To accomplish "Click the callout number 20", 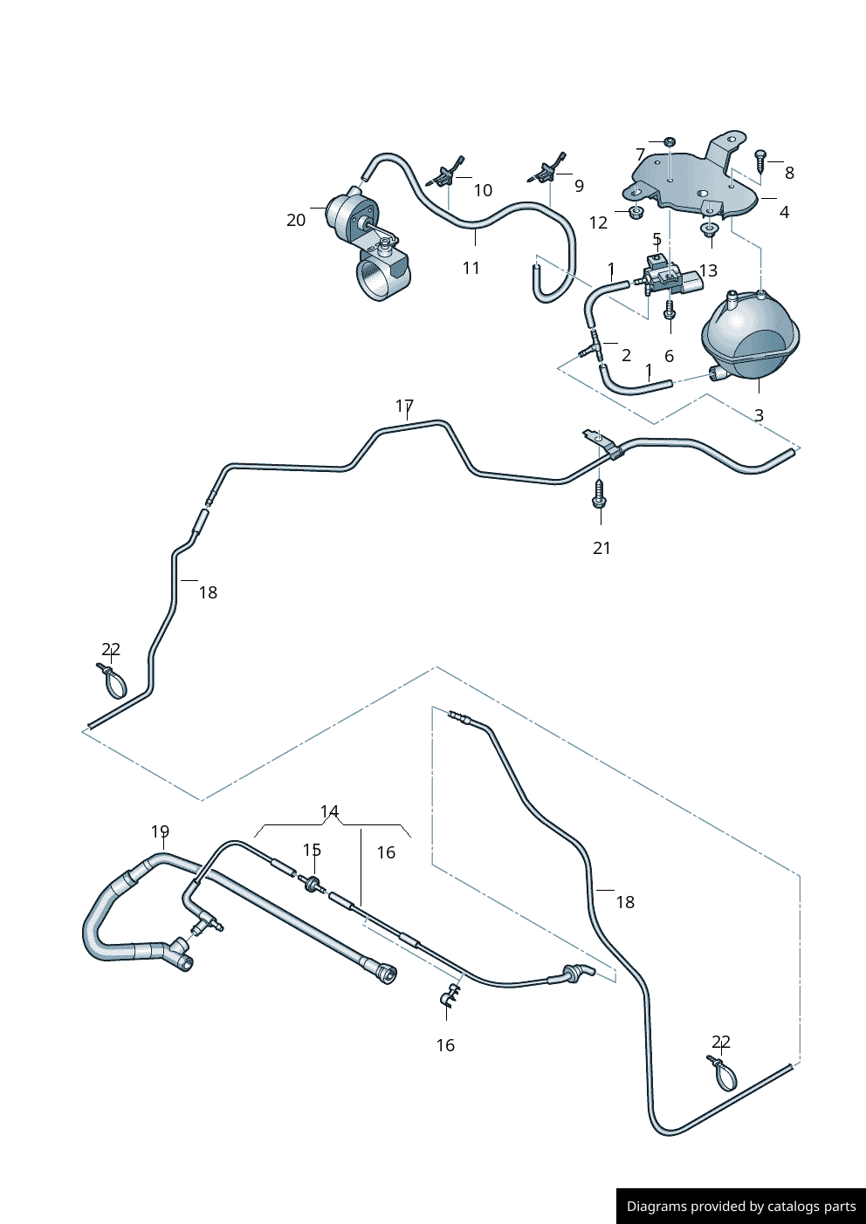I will (x=296, y=220).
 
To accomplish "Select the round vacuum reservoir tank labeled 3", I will (x=750, y=339).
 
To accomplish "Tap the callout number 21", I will (x=601, y=548).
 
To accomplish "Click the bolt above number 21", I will (x=600, y=494).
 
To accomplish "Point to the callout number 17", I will (x=404, y=406).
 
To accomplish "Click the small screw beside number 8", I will (x=760, y=160).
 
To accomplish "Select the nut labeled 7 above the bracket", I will (x=670, y=141).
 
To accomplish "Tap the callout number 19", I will (x=160, y=831).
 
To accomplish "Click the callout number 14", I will (x=329, y=811).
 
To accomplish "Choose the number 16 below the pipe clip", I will (x=445, y=1045).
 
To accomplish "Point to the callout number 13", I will (x=708, y=270).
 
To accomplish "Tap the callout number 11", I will (x=471, y=268).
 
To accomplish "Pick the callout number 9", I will (x=579, y=185).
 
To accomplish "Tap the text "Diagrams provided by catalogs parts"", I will (x=741, y=1207).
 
